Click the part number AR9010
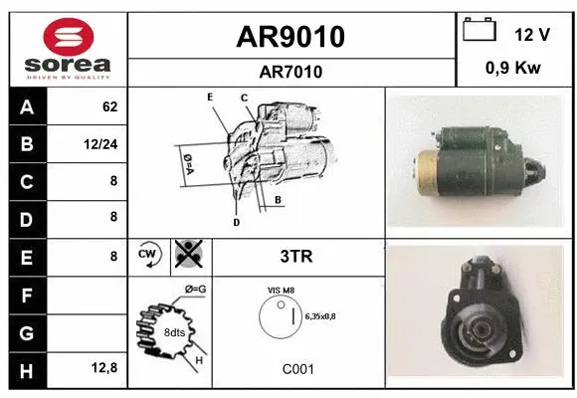coord(290,37)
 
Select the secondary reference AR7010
coord(290,72)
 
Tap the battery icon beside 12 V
coord(479,31)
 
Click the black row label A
coord(27,106)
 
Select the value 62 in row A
coord(110,106)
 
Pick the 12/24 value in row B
coord(103,143)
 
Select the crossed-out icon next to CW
coord(187,255)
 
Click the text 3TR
coord(296,256)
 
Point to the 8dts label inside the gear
coord(175,331)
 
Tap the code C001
coord(297,368)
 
